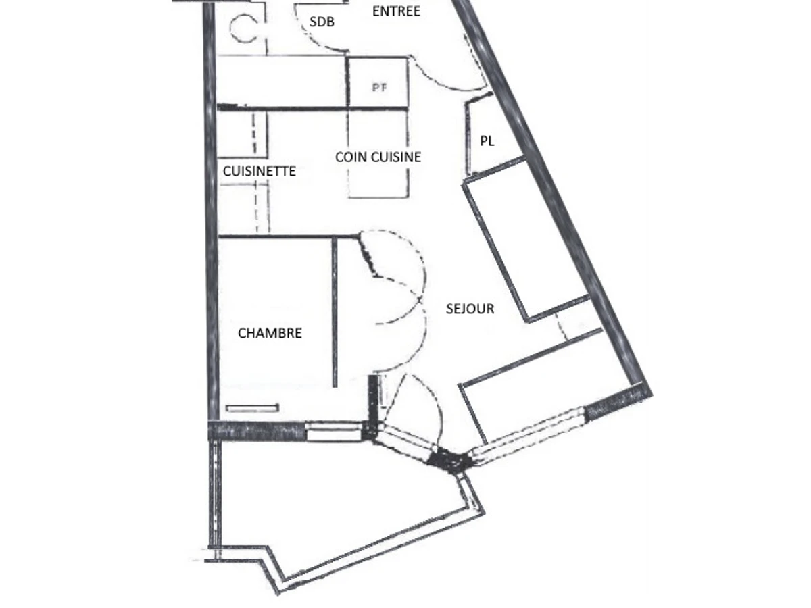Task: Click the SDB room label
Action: tap(322, 22)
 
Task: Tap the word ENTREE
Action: tap(396, 11)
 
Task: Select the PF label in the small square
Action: tap(379, 88)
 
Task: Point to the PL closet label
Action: tap(487, 141)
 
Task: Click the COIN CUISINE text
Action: tap(378, 157)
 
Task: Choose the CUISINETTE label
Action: tap(260, 171)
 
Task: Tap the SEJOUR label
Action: tap(470, 309)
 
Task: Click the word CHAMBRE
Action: tap(270, 333)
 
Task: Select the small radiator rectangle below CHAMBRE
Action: tap(252, 408)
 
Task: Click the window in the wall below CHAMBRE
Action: tap(333, 431)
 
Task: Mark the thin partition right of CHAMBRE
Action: tap(335, 312)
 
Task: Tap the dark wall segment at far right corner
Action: tap(617, 401)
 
